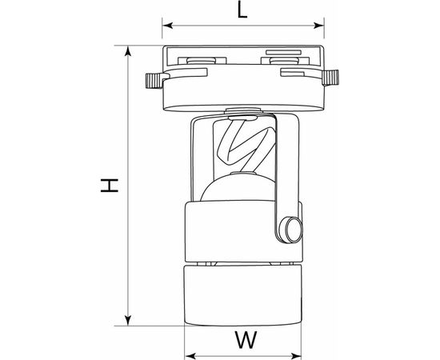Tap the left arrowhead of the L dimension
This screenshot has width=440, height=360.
[x=166, y=28]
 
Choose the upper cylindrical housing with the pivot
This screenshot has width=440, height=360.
[x=232, y=232]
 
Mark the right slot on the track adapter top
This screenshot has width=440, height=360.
[x=279, y=58]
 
